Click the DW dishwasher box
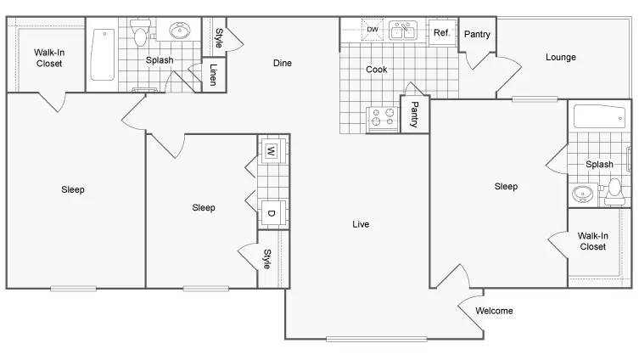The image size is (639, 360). pyautogui.click(x=372, y=31)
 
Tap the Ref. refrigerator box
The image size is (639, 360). pyautogui.click(x=441, y=33)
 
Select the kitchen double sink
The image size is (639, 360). pyautogui.click(x=402, y=32)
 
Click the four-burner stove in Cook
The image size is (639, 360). pyautogui.click(x=383, y=118)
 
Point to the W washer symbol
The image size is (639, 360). pyautogui.click(x=272, y=152)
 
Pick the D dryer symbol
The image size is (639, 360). pyautogui.click(x=272, y=213)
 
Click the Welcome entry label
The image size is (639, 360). pyautogui.click(x=494, y=311)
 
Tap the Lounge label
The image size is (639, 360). pyautogui.click(x=560, y=58)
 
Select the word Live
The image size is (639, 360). pyautogui.click(x=361, y=224)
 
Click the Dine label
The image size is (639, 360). pyautogui.click(x=283, y=63)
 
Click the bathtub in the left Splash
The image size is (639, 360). pyautogui.click(x=103, y=55)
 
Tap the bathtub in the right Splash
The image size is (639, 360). pyautogui.click(x=599, y=116)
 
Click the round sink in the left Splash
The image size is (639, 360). pyautogui.click(x=180, y=31)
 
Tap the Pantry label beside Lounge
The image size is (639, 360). pyautogui.click(x=477, y=35)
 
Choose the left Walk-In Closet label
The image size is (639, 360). pyautogui.click(x=48, y=58)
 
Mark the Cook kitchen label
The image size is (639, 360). pyautogui.click(x=376, y=70)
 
